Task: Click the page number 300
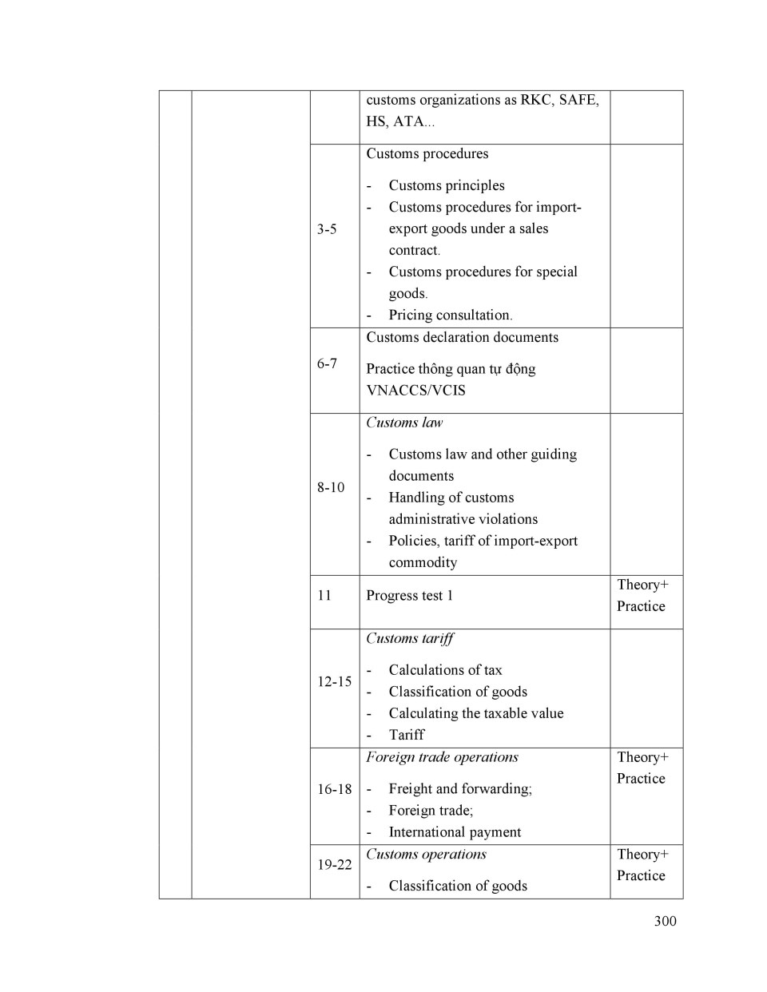[665, 921]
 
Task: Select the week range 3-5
[327, 229]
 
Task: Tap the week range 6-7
[327, 363]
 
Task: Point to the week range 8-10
[331, 487]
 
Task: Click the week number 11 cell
[324, 595]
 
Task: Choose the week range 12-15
[334, 681]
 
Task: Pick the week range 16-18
[334, 789]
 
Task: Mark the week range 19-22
[334, 864]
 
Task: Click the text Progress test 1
[409, 595]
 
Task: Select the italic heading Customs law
[404, 423]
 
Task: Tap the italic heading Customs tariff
[409, 638]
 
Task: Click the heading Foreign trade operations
[442, 757]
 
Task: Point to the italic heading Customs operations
[426, 854]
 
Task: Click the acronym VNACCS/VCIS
[415, 391]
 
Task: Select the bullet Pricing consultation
[450, 315]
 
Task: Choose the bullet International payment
[455, 832]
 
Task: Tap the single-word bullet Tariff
[407, 735]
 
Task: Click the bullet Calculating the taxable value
[476, 713]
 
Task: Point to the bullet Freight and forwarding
[460, 789]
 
